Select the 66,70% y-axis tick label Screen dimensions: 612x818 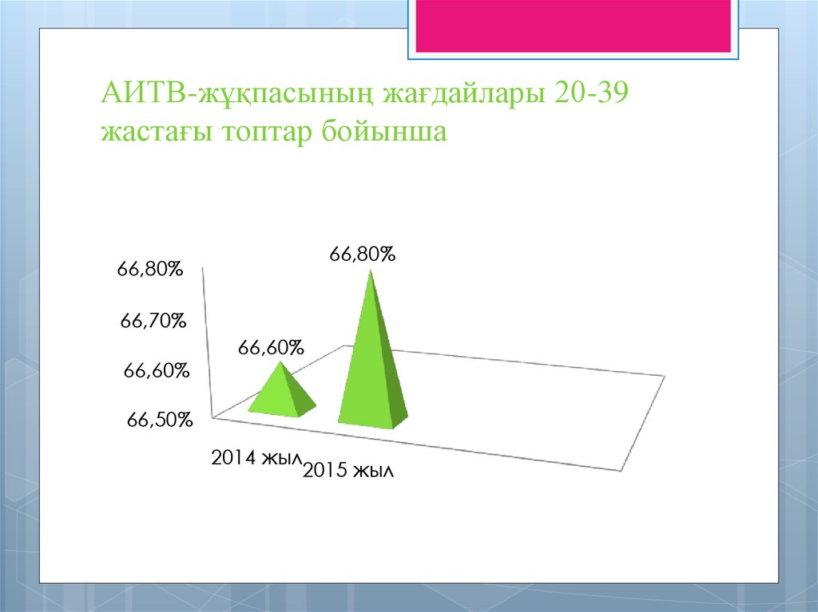click(x=153, y=321)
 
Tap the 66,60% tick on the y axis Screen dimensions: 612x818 click(x=157, y=370)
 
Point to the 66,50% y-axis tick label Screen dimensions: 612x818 click(x=160, y=421)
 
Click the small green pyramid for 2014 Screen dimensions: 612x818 click(x=281, y=394)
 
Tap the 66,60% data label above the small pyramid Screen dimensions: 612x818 click(x=271, y=348)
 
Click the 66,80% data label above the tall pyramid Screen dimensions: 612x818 click(x=363, y=255)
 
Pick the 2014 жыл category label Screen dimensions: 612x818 click(x=256, y=458)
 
